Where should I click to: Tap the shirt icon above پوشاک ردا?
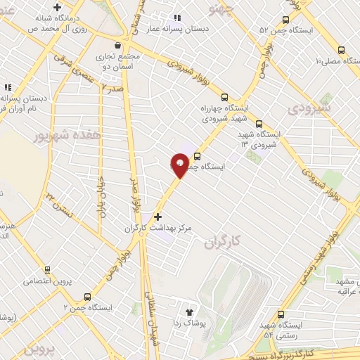tap(188, 311)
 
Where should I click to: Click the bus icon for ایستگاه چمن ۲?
tap(87, 297)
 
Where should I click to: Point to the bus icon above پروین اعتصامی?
tap(47, 269)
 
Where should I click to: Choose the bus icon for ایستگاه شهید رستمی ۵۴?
tap(281, 314)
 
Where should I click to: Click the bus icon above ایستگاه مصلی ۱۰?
tap(341, 50)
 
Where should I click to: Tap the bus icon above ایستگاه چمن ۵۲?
tap(285, 20)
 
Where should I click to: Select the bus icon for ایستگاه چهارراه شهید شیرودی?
tap(225, 97)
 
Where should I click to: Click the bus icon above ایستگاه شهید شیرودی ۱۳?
tap(259, 122)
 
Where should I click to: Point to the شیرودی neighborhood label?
tap(307, 110)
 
